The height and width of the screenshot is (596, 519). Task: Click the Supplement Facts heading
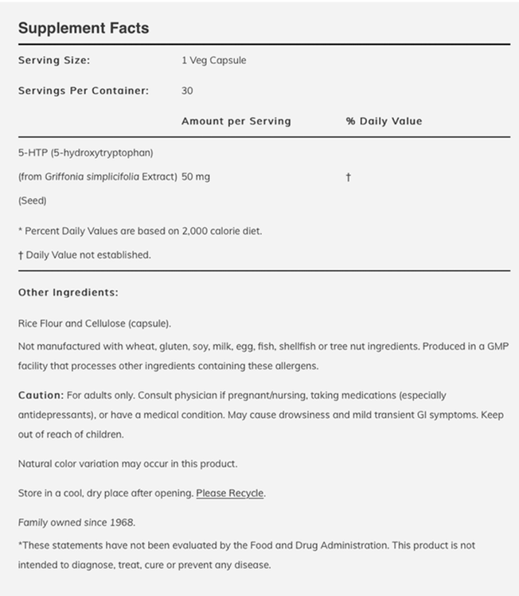click(84, 29)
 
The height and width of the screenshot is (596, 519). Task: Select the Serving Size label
click(54, 60)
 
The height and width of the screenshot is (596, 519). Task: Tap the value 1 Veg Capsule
click(213, 60)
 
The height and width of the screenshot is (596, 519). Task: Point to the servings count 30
click(187, 91)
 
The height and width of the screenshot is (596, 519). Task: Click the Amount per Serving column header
click(236, 122)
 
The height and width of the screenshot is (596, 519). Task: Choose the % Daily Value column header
click(384, 122)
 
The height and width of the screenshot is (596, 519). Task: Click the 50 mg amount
click(196, 176)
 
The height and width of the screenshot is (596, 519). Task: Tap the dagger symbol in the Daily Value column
click(348, 177)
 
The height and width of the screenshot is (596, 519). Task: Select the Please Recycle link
click(230, 493)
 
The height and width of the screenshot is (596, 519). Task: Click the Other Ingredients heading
click(68, 292)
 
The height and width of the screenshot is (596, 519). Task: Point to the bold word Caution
click(40, 395)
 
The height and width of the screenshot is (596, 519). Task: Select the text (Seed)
click(33, 201)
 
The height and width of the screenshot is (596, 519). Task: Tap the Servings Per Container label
click(84, 91)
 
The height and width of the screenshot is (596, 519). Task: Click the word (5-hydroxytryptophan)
click(103, 152)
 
